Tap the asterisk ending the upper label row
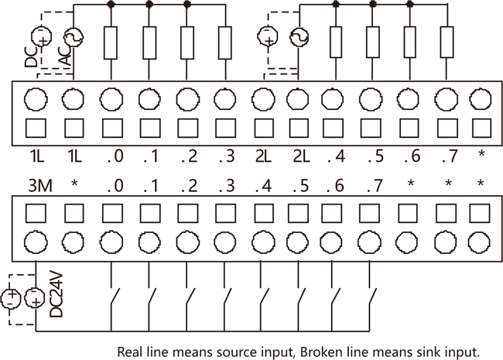tap(481, 156)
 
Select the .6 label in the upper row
tap(410, 156)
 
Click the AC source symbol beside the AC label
tap(74, 36)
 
